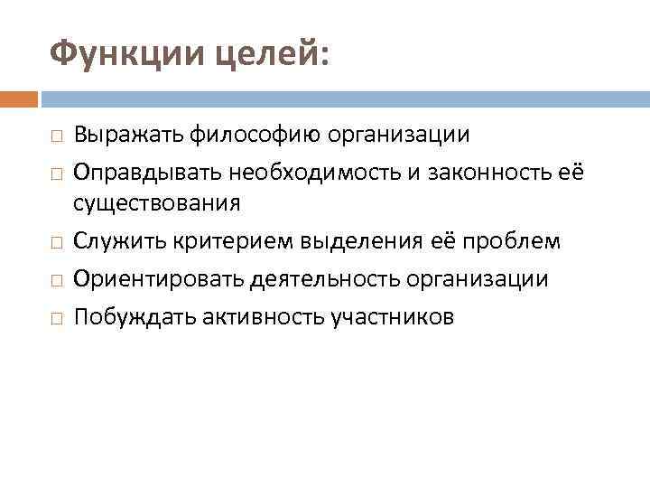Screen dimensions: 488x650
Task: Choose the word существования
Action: pyautogui.click(x=157, y=203)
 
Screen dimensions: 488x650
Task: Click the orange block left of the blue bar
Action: pyautogui.click(x=19, y=98)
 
